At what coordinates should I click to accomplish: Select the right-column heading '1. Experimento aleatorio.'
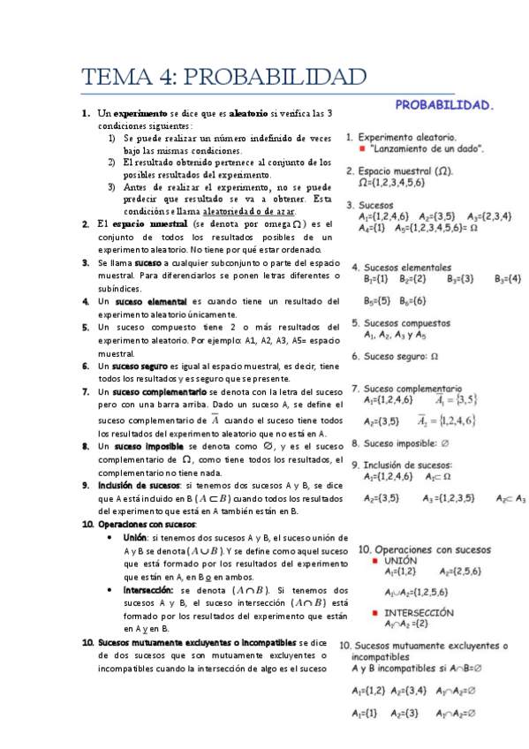point(401,138)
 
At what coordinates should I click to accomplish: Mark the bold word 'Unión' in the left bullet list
point(135,537)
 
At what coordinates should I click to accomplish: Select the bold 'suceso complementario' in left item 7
point(160,391)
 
